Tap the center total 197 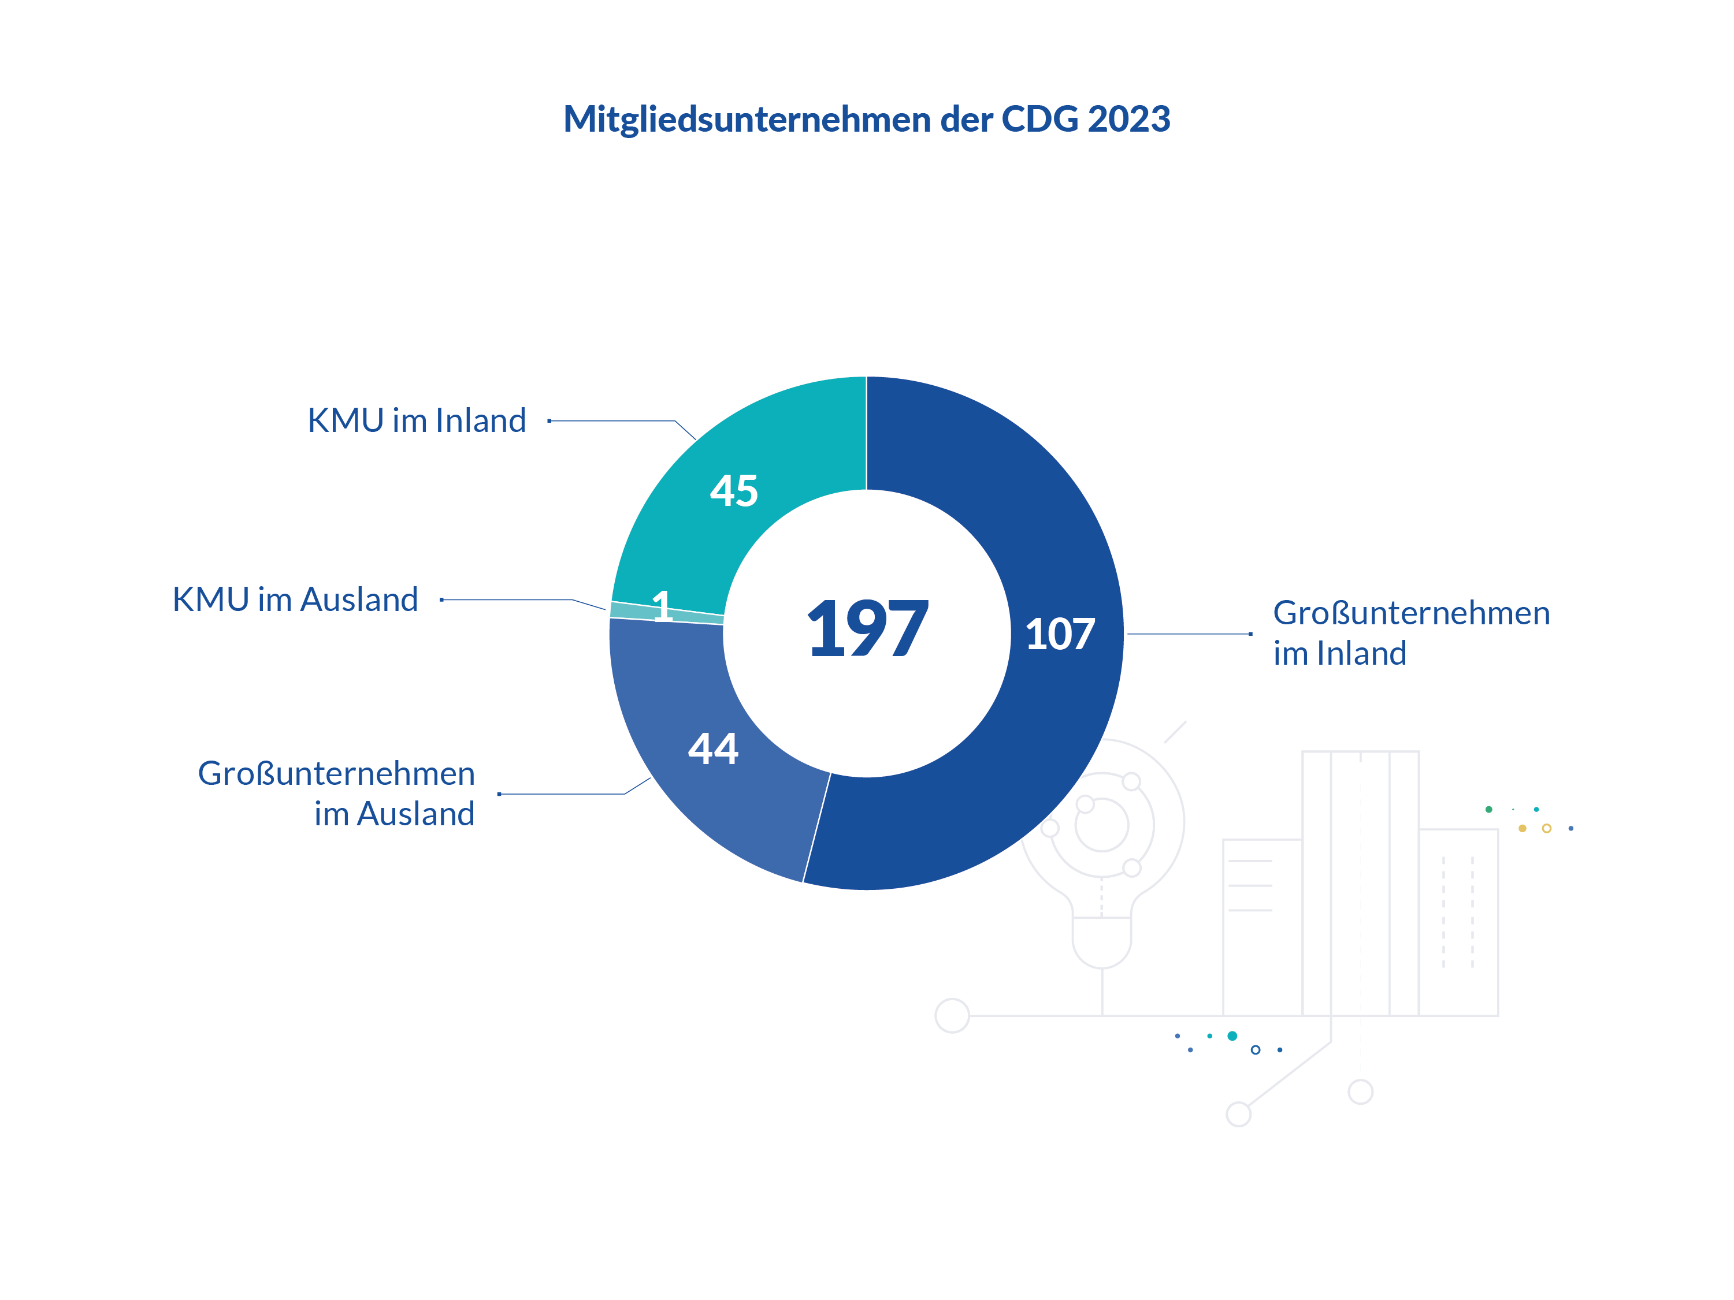[868, 628]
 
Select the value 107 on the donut [1060, 634]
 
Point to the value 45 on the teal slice [734, 491]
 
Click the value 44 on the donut [714, 748]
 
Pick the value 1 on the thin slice [662, 606]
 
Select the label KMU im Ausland [295, 599]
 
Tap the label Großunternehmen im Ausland [336, 793]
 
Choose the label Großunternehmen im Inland [1411, 632]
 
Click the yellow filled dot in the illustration [1523, 828]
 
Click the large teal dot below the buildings [1232, 1036]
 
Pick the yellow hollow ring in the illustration [1547, 828]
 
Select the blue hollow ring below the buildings [1256, 1050]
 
